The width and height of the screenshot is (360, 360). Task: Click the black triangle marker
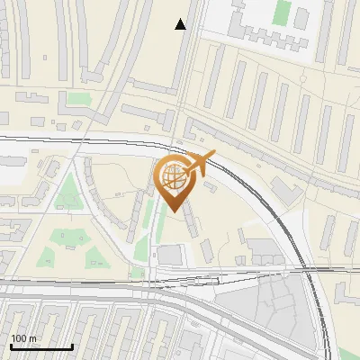181,24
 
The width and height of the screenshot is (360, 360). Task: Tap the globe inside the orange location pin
172,175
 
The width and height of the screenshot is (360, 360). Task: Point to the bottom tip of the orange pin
173,211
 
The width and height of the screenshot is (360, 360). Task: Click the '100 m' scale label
24,338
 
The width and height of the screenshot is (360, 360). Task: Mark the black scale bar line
41,347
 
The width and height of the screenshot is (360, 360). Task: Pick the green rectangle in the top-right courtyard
282,13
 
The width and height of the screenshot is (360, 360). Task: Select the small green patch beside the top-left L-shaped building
80,98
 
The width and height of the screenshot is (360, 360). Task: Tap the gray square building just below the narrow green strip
169,256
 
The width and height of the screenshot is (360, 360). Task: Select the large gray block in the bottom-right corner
270,310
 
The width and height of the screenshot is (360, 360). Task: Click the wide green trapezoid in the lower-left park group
65,238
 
